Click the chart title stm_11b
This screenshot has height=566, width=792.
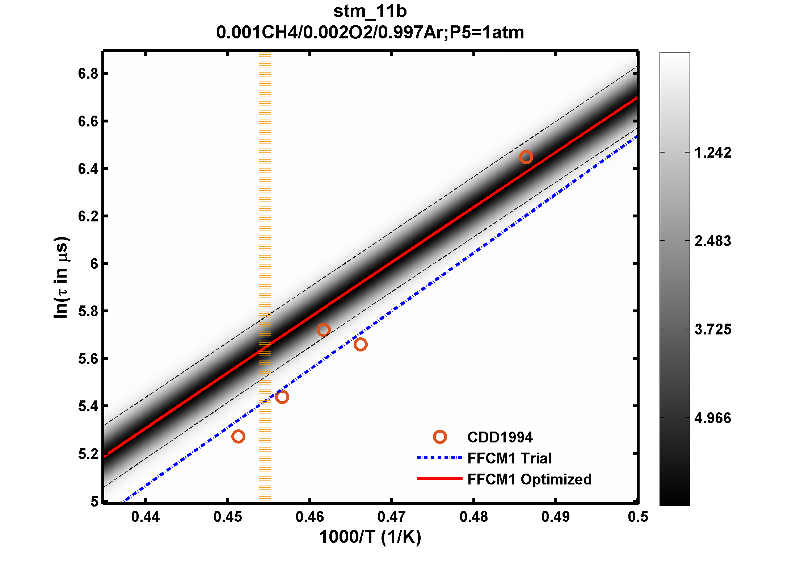[x=370, y=11]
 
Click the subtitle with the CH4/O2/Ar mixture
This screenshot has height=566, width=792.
[x=370, y=33]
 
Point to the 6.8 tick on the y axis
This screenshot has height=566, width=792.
[x=88, y=74]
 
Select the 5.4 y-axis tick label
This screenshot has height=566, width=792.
[x=88, y=407]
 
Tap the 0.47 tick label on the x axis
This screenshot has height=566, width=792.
[x=391, y=517]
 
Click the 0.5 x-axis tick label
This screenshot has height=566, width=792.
[x=638, y=517]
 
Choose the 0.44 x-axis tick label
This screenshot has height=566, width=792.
[x=145, y=517]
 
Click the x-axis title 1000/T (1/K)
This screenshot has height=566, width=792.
[x=370, y=537]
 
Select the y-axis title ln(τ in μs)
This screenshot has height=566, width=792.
[x=61, y=277]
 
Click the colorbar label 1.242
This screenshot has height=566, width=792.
[x=713, y=153]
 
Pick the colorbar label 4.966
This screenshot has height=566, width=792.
[x=713, y=418]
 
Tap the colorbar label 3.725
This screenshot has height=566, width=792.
[x=713, y=329]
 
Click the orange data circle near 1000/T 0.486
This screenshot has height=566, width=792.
[x=526, y=157]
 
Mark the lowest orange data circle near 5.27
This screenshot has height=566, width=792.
[x=238, y=436]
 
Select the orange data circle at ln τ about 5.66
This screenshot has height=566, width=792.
[x=361, y=344]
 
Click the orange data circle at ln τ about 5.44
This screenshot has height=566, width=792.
[x=282, y=397]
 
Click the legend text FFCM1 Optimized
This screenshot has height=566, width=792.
[x=529, y=479]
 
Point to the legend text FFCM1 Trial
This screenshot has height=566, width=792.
[x=509, y=458]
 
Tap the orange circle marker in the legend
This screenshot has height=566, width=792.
[x=440, y=437]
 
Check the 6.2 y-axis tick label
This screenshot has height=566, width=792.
[x=88, y=216]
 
